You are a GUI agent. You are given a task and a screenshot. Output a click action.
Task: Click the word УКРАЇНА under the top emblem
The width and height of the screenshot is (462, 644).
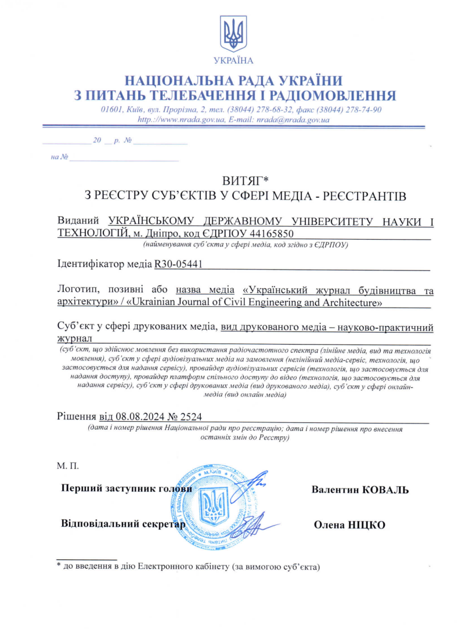coord(233,60)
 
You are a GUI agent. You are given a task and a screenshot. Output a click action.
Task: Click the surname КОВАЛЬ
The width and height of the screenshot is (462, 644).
coord(385,490)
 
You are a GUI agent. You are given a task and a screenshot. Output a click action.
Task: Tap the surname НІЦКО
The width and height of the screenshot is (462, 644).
coord(367,525)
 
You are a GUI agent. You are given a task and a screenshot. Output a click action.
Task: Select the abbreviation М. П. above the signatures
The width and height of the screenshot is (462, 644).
coord(67,466)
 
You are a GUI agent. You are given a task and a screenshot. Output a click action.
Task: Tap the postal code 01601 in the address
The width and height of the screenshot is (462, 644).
coord(110,110)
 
